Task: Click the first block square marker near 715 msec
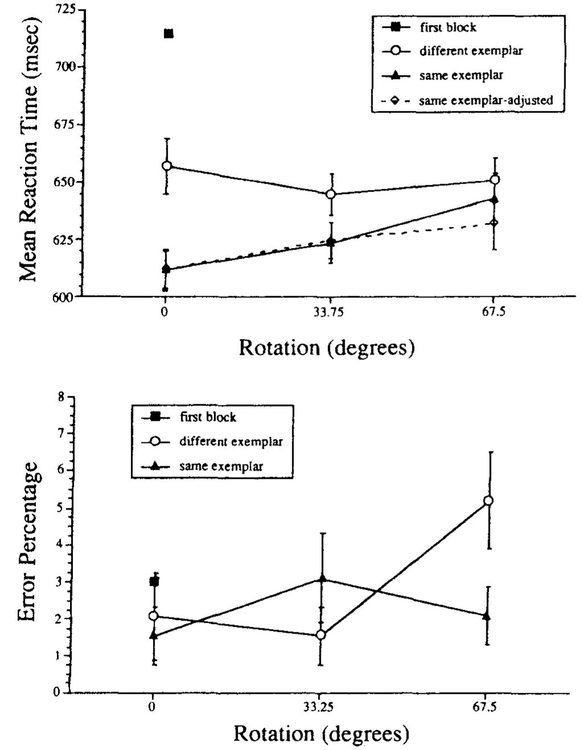coord(168,34)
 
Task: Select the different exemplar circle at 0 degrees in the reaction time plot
coord(167,166)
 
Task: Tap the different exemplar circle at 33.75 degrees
coord(331,194)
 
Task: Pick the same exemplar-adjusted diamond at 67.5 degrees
coord(494,223)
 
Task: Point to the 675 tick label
coord(65,124)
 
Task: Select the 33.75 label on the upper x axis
coord(330,312)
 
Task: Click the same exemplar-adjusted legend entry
coord(467,101)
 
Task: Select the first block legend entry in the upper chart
coord(429,27)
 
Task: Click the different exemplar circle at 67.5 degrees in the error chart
coord(488,500)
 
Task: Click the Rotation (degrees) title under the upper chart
coord(327,347)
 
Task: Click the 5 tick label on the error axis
coord(61,508)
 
